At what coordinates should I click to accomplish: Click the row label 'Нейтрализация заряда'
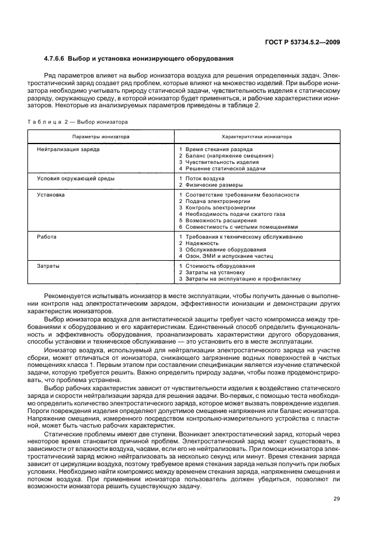pyautogui.click(x=68, y=149)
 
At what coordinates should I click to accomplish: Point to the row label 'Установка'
pyautogui.click(x=50, y=194)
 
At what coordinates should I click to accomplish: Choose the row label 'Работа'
pyautogui.click(x=47, y=237)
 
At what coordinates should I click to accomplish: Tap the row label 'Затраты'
pyautogui.click(x=48, y=265)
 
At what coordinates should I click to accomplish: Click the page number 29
pyautogui.click(x=337, y=498)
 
